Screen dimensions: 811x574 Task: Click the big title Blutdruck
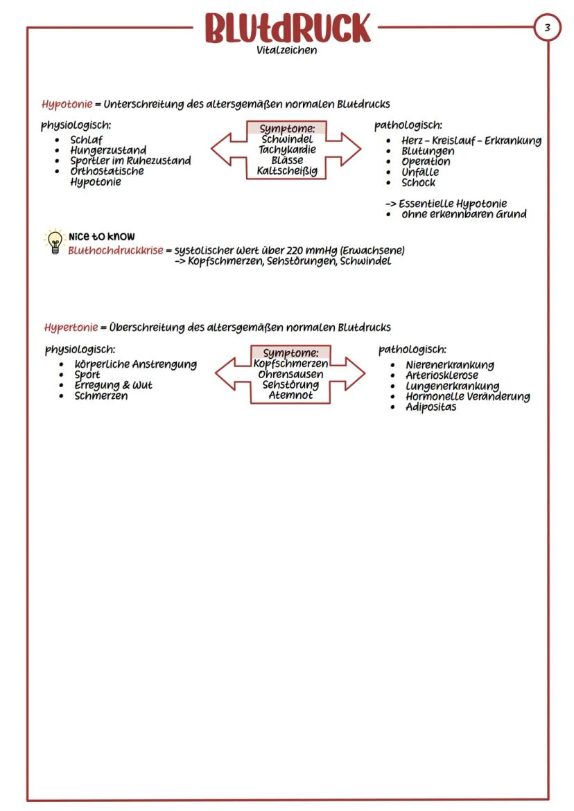(x=287, y=28)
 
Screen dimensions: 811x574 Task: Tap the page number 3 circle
(x=547, y=28)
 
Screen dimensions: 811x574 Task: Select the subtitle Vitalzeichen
(x=286, y=50)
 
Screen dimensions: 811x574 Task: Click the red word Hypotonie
(x=67, y=105)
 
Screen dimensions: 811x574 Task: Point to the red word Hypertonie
(x=71, y=327)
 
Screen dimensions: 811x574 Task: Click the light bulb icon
(x=54, y=242)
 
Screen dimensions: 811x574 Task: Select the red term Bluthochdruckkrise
(x=115, y=250)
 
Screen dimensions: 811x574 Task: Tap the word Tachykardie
(x=287, y=150)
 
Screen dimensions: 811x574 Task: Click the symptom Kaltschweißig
(x=287, y=170)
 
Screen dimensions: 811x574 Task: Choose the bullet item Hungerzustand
(x=107, y=150)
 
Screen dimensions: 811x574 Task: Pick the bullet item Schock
(x=419, y=183)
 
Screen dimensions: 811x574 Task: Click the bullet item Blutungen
(x=428, y=151)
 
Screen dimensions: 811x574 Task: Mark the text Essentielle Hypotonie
(x=452, y=204)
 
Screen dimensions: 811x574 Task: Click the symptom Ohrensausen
(x=290, y=374)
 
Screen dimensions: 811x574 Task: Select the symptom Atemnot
(x=290, y=395)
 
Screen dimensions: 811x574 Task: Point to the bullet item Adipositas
(x=430, y=407)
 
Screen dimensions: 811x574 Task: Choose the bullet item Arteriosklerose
(x=442, y=375)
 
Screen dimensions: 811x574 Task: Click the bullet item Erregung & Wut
(x=113, y=385)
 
